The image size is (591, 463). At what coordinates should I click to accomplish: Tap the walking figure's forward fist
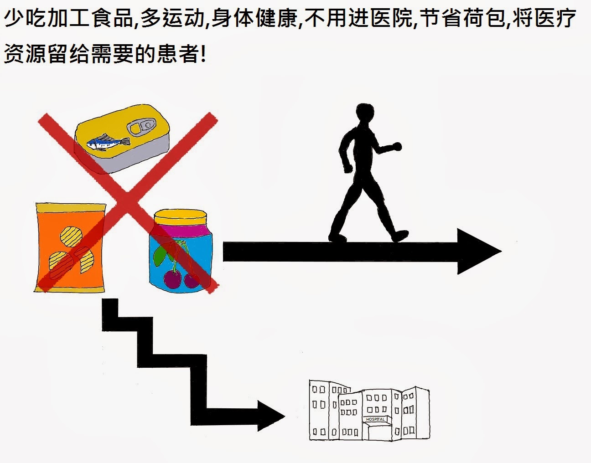coord(397,147)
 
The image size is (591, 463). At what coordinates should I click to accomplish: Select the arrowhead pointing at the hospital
coord(271,416)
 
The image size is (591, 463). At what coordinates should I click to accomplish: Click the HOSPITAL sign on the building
coord(376,419)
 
